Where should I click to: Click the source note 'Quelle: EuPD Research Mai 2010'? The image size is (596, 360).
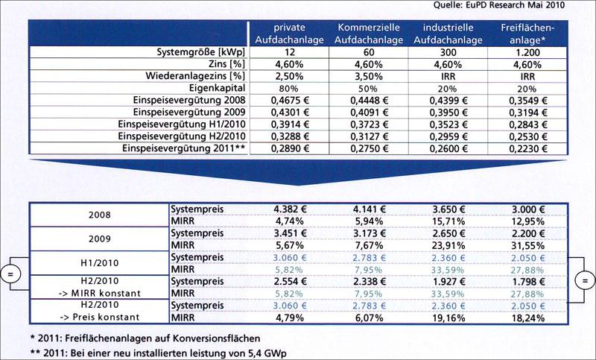coord(499,5)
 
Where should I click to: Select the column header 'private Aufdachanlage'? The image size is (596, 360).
coord(290,34)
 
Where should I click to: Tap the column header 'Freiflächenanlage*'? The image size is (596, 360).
coord(527,34)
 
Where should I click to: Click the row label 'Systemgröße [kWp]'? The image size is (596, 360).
coord(200,52)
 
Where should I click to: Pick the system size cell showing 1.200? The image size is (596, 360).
coord(527,52)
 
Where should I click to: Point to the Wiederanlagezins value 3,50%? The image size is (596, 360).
coord(369,77)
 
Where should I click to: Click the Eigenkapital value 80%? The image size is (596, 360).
coord(289,89)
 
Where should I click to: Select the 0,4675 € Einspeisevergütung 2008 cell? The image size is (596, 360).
coord(290,101)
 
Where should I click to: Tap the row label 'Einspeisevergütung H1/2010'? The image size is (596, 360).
coord(182,124)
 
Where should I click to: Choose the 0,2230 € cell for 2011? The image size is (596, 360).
coord(528,148)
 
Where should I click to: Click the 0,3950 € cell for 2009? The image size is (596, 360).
coord(448,113)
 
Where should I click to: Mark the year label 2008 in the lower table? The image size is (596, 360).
coord(100,215)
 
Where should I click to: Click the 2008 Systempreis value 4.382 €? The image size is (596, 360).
coord(290,209)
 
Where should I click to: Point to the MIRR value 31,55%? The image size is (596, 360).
coord(527,245)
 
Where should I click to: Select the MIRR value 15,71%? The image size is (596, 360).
coord(448,221)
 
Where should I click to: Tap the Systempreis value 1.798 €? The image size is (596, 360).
coord(528,281)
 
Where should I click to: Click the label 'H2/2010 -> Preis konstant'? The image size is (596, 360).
coord(100,311)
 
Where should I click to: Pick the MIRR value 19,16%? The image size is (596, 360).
coord(448,318)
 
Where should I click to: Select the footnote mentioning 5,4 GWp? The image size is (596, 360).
coord(158,353)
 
